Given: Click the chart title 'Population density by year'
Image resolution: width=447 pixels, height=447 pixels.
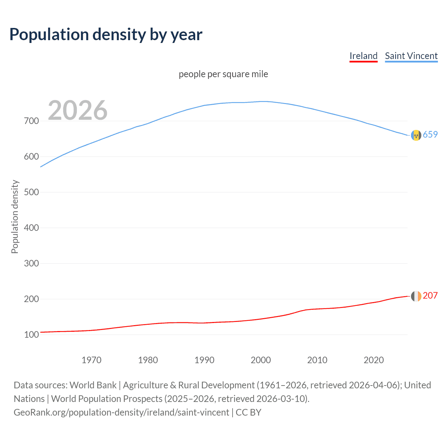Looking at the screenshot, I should pos(106,34).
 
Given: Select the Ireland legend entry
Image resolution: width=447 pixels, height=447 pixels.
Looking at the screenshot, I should pos(364,56).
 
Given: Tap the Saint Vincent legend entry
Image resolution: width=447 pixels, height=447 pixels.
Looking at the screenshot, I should pos(411,56).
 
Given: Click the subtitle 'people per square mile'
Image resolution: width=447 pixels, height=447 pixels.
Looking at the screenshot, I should pos(223,74).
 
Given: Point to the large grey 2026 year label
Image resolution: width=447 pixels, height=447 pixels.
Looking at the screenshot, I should pos(78,110).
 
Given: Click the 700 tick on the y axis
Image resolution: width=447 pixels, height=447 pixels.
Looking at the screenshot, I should pos(31,121).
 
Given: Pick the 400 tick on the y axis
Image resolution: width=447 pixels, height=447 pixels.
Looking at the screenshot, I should pos(31,228).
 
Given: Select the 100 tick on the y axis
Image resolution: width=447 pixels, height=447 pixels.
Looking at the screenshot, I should pos(31,335).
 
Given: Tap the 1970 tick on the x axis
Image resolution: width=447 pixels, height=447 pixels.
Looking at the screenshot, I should pos(91,360).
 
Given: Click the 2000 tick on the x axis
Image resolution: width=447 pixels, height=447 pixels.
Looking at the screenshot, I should pos(261,360).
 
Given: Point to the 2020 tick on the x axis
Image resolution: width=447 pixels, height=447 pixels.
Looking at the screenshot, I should pos(374,360).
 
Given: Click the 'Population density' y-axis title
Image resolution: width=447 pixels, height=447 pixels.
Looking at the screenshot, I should pos(15,217).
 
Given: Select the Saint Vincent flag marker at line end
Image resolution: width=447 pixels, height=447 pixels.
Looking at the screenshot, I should pos(416,135).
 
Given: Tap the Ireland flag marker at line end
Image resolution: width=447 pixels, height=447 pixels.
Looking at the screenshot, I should pos(416,296).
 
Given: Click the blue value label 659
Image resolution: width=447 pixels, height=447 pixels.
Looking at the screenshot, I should pos(430,134).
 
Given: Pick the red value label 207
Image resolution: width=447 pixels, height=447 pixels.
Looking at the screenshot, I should pos(430,295).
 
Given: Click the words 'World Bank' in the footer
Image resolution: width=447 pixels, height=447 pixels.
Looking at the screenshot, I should pos(93,385).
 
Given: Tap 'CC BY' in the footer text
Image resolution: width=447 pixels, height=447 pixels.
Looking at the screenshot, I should pos(248,412).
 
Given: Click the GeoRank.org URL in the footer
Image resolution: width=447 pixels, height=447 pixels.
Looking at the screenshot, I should pos(121,412).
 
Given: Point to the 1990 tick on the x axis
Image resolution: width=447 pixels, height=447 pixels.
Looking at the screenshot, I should pos(204,360).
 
